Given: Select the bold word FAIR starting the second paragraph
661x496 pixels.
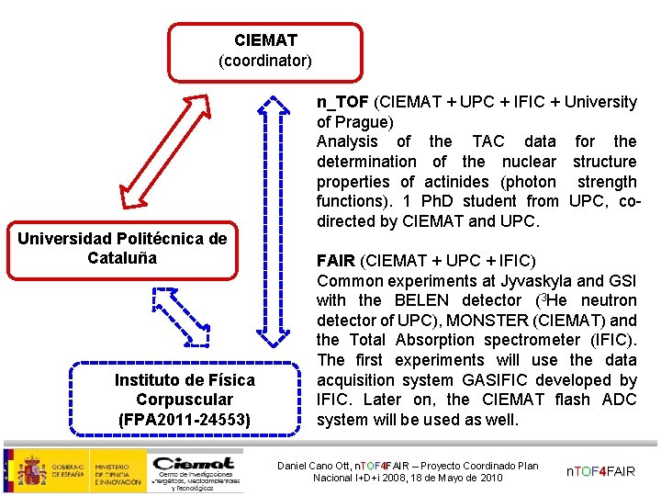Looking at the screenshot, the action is (333, 260).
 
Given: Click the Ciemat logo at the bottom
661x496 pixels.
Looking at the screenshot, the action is (196, 468).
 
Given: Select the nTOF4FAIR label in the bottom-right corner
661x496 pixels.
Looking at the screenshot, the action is (599, 471).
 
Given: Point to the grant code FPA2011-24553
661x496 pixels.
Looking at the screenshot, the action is (185, 419).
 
